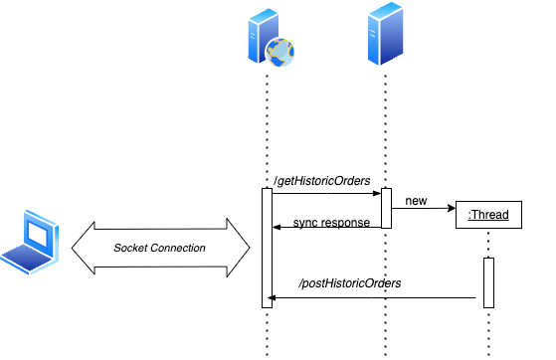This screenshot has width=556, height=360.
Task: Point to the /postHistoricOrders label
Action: tap(350, 283)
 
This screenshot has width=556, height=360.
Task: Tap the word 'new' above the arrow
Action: tap(416, 201)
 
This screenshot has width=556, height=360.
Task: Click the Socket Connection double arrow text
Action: tap(159, 247)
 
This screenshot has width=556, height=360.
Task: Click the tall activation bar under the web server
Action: tap(267, 248)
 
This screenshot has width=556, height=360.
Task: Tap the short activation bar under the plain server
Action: tap(387, 208)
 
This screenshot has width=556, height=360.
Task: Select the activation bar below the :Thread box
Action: tap(488, 282)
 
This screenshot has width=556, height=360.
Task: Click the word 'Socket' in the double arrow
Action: tap(131, 247)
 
